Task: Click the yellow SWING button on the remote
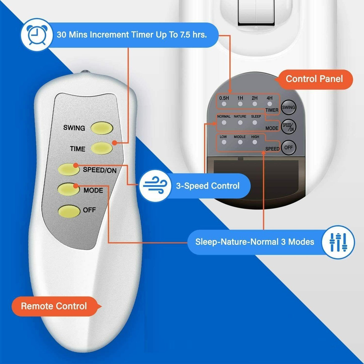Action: point(102,128)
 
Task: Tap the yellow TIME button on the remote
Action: point(102,148)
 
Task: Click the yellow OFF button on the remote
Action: point(69,211)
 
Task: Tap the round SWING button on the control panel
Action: point(288,108)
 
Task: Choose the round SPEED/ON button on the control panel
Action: point(288,126)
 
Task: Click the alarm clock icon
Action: point(36,35)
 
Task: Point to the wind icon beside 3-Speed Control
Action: point(155,186)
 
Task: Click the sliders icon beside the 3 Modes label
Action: point(338,242)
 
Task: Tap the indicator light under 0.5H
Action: point(224,104)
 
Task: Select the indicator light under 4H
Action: point(270,104)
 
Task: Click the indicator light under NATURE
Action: point(240,123)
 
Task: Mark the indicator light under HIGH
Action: point(255,142)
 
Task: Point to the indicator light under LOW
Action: point(224,142)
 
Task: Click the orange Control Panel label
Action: point(314,79)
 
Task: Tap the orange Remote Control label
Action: point(54,306)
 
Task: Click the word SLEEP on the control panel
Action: point(256,116)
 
